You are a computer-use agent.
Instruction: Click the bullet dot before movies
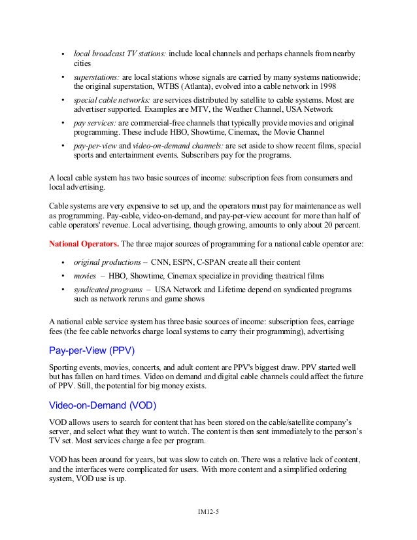point(62,275)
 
